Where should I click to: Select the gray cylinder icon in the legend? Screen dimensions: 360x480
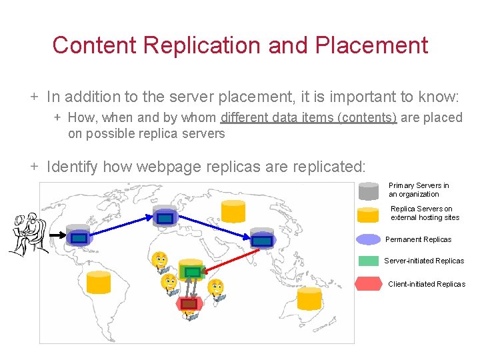coord(369,191)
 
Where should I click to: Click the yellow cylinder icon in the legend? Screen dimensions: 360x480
coord(369,215)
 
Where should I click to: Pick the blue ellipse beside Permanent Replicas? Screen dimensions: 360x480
coord(369,239)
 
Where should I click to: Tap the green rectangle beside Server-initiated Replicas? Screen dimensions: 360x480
coord(369,261)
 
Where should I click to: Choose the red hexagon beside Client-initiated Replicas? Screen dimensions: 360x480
coord(369,284)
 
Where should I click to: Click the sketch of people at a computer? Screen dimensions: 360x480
coord(28,233)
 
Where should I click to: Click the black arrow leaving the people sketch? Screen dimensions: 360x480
coord(57,235)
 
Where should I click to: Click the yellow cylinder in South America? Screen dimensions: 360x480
coord(99,283)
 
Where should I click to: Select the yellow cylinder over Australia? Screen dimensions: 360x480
coord(309,299)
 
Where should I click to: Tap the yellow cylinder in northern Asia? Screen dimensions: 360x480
coord(233,210)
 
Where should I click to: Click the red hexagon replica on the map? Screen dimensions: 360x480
coord(189,304)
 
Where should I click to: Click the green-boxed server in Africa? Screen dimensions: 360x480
coord(191,270)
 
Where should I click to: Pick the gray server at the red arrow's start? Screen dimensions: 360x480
coord(262,239)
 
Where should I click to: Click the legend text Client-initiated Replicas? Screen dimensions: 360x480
coord(427,284)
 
